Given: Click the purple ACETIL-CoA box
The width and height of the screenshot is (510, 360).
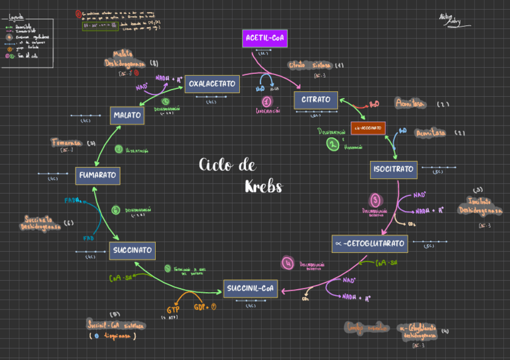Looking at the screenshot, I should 265,39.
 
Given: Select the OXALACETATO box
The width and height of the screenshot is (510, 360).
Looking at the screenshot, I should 212,84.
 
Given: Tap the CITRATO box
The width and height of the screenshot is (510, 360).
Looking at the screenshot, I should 316,100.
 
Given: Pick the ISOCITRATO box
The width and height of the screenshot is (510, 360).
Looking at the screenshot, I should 393,169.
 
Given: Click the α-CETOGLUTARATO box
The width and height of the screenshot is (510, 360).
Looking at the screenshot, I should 370,243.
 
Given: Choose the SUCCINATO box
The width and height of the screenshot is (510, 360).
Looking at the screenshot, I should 133,251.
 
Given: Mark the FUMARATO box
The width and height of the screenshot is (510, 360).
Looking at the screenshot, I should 97,175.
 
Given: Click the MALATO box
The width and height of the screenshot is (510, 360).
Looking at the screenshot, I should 127,115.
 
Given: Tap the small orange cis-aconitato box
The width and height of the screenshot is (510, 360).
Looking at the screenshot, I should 367,128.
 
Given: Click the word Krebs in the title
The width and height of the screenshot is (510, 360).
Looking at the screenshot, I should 263,186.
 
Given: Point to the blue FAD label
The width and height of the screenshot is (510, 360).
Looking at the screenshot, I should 88,239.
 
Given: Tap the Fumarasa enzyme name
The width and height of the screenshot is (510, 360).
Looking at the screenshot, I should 67,143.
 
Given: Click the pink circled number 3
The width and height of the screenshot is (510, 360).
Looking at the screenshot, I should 375,200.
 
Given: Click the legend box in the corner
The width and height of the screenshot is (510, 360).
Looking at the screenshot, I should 27,42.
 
